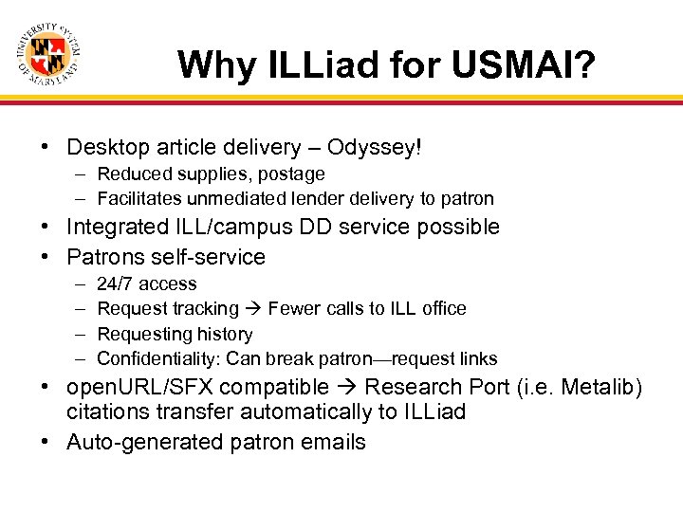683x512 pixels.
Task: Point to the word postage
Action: (x=294, y=174)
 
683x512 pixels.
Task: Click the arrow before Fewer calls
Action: (x=253, y=308)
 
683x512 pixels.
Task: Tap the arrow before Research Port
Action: (x=347, y=388)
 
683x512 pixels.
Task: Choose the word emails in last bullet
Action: (x=333, y=442)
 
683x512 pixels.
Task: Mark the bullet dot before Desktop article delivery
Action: (x=45, y=148)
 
